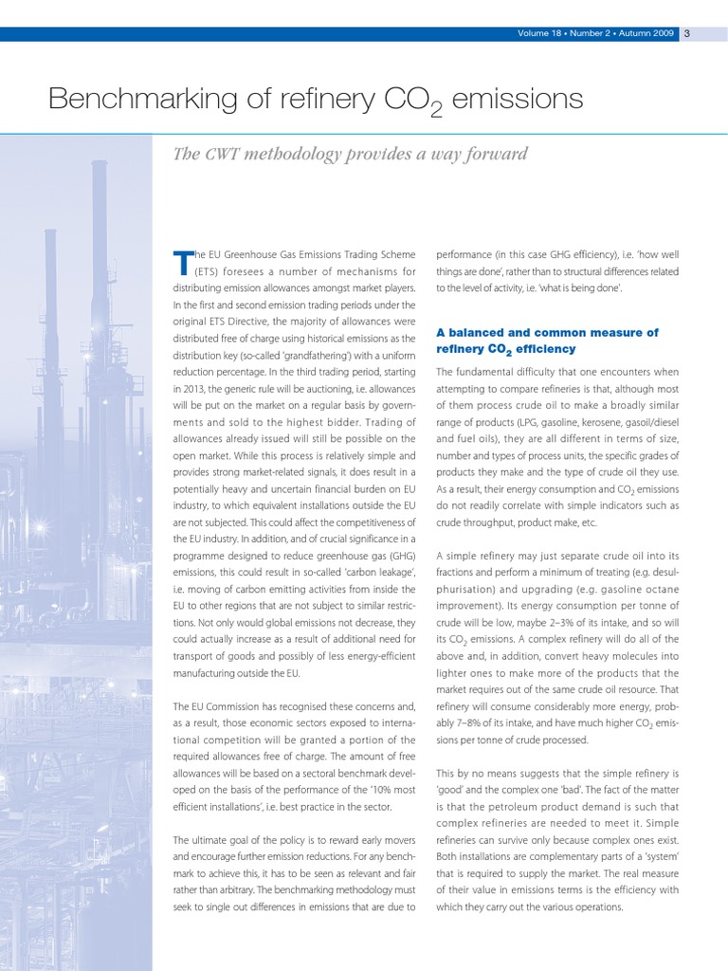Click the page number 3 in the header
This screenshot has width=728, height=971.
coord(686,34)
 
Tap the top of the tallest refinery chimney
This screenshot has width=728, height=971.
coord(100,162)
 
